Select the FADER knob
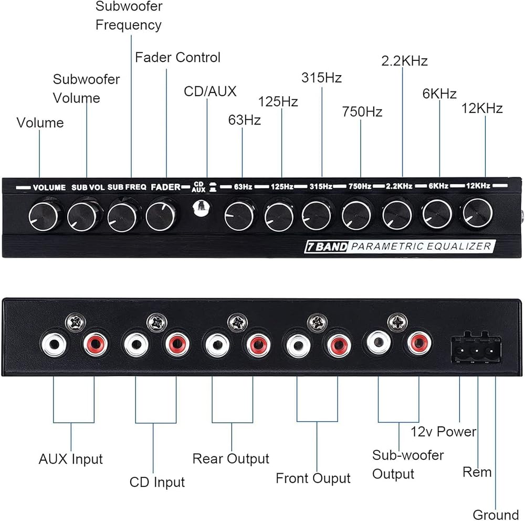tap(160, 214)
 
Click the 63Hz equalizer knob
tap(239, 216)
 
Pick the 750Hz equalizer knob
tap(357, 215)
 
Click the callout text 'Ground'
tap(495, 514)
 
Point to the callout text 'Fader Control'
tap(177, 57)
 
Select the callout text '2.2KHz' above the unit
tap(404, 61)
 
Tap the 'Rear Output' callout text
tap(230, 458)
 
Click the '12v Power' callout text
tap(443, 432)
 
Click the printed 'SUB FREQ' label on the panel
tap(127, 187)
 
